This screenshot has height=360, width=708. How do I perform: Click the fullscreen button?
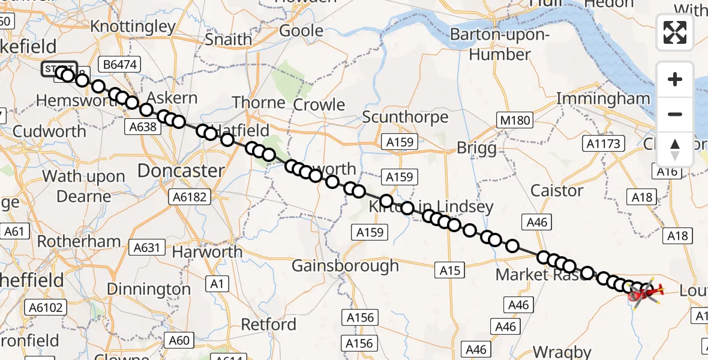(675, 32)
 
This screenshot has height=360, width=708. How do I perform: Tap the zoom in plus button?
(675, 79)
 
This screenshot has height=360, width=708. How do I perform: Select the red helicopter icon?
(644, 293)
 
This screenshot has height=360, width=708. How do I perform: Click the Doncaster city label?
(181, 170)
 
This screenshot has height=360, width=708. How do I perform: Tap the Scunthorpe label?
(405, 116)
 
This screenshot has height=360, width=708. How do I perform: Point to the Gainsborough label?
(345, 265)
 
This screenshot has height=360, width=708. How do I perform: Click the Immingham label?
(604, 98)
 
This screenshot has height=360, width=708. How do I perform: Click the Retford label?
(269, 325)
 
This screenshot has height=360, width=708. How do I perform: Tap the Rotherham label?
(79, 241)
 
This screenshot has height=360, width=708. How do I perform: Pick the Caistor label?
(557, 191)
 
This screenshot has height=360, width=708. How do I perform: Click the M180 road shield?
(515, 120)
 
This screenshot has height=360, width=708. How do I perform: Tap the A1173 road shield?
(604, 143)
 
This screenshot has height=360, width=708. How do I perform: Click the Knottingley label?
(133, 27)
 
